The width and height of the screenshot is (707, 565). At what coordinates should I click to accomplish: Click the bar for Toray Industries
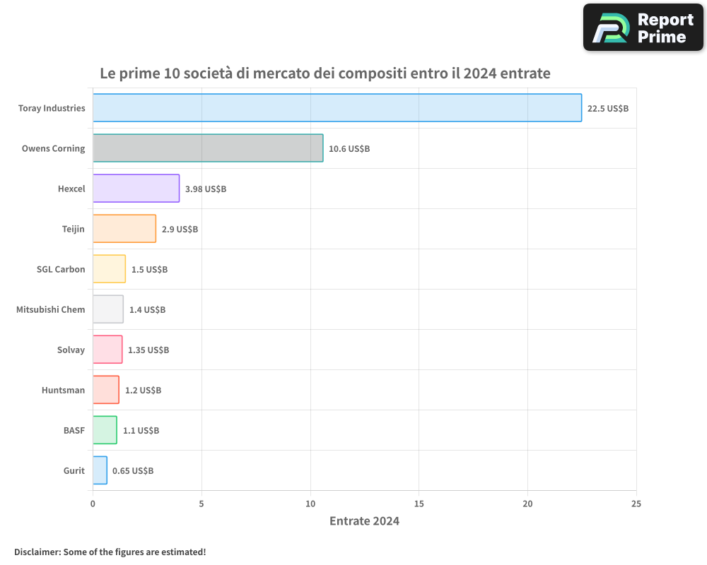337,108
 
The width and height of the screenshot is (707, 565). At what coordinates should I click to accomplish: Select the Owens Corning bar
208,148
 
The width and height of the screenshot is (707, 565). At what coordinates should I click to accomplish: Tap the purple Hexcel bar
136,189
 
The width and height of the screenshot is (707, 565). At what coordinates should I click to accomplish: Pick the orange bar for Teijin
124,229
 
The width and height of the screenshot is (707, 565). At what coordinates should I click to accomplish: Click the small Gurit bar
100,470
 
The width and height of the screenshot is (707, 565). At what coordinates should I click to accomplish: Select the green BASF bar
105,430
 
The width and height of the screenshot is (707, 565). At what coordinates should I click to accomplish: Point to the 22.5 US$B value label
608,109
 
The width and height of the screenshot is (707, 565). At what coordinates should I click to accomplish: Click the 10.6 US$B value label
349,149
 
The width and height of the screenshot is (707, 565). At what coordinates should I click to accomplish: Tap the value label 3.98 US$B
206,189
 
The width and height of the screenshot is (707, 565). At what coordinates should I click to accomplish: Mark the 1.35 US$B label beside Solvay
148,350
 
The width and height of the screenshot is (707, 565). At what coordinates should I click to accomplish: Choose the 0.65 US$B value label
133,471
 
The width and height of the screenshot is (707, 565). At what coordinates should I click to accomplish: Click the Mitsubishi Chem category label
51,309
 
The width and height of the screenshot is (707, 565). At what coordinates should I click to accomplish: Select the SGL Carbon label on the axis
61,269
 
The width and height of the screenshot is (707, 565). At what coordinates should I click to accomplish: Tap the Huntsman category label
63,390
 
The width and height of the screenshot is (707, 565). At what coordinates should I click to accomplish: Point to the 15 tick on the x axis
419,504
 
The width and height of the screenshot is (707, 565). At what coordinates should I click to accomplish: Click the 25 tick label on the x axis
636,504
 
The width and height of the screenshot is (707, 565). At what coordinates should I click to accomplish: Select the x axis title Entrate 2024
364,521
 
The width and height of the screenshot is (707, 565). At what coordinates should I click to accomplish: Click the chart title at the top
325,73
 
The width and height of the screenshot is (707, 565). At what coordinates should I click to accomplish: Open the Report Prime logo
643,28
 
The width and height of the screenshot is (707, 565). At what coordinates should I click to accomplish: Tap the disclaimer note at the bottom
110,552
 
